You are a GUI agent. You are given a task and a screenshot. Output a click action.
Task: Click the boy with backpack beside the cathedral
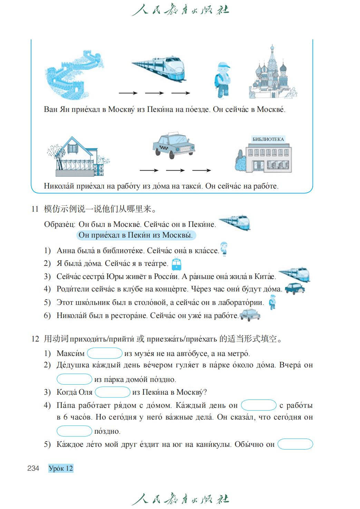(222, 80)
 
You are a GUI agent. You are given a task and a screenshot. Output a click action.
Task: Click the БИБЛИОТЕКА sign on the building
(268, 139)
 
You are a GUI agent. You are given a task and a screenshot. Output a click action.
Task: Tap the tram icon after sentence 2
(176, 264)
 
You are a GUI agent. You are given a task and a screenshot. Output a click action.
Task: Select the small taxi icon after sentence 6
(250, 315)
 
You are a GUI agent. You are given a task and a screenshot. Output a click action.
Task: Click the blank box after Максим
(105, 353)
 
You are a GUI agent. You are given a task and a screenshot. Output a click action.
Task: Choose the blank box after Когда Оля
(113, 392)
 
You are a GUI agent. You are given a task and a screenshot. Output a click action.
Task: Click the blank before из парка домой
(74, 379)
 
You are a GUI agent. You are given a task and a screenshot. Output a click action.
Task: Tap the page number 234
(33, 468)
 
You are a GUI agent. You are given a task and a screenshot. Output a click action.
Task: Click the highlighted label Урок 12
(61, 468)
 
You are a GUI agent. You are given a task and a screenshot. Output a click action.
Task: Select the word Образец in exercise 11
(59, 224)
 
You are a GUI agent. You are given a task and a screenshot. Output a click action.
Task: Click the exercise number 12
(35, 339)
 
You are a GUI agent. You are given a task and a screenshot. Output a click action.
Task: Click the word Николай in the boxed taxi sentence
(59, 186)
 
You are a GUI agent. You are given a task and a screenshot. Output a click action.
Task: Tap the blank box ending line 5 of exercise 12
(295, 444)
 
